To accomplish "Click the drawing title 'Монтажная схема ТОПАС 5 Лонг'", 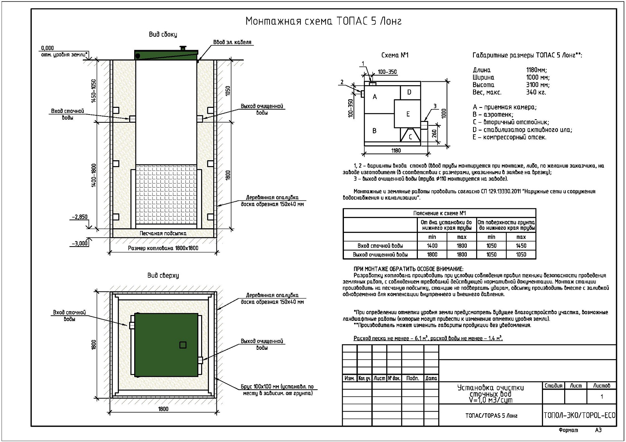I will (x=323, y=21).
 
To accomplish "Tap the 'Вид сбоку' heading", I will (x=163, y=34).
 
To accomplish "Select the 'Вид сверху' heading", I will (x=163, y=276).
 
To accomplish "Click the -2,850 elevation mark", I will (x=80, y=217).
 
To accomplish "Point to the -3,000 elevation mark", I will (x=80, y=243).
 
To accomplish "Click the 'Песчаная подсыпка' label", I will (x=163, y=233).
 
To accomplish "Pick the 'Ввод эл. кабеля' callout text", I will (x=232, y=42).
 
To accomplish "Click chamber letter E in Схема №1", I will (x=408, y=114).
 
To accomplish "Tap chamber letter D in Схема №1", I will (x=409, y=92).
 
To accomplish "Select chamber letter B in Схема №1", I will (x=374, y=131).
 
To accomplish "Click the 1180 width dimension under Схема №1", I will (x=396, y=150).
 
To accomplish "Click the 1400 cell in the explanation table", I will (x=432, y=246).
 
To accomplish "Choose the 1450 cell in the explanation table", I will (x=521, y=246).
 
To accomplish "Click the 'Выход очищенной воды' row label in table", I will (x=380, y=254).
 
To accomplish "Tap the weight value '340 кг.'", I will (x=536, y=92).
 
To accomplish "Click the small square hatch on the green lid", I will (x=183, y=345).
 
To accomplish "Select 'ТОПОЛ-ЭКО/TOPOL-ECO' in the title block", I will (x=579, y=415).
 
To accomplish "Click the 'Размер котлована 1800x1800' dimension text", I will (x=163, y=248).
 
